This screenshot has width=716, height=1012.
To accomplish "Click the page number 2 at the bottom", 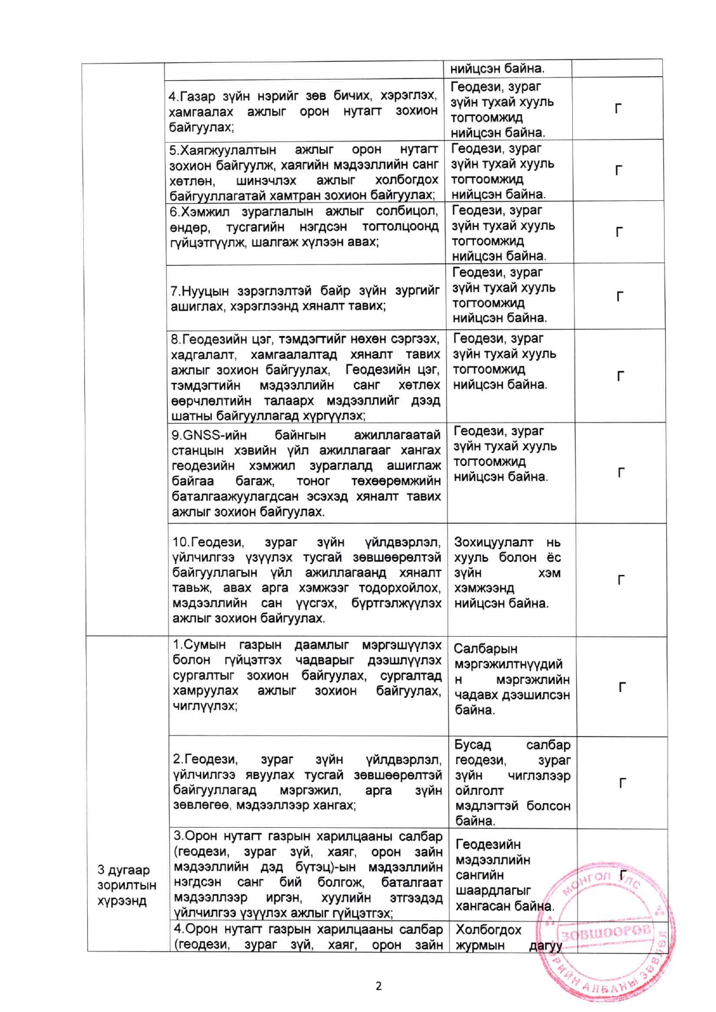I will (x=378, y=985).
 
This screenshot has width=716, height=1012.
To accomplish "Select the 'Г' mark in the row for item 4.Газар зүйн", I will (x=618, y=109).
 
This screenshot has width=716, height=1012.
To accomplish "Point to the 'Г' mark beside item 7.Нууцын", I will (x=620, y=297).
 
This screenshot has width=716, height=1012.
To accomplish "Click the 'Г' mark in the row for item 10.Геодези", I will (x=621, y=580).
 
